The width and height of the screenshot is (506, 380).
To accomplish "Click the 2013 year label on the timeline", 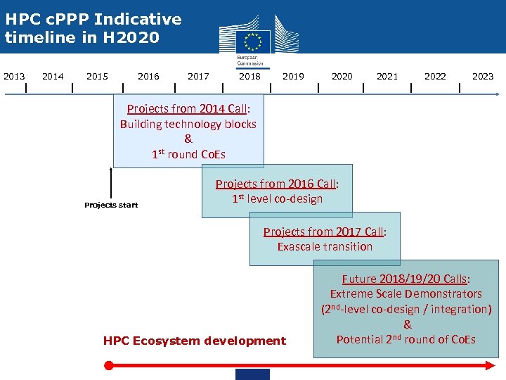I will point(14,76).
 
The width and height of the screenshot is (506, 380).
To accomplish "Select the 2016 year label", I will point(148,76).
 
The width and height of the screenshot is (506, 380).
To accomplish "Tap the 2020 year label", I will point(342,76).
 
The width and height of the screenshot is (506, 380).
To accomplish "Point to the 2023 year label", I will point(483,76).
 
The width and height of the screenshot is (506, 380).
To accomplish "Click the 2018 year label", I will point(249,76).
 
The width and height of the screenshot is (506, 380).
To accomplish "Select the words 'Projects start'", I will point(111,205).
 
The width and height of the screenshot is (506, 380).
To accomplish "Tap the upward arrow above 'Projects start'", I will point(111,183).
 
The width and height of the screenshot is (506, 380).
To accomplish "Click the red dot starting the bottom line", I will point(108,365).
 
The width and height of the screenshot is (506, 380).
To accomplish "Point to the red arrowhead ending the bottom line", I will point(491,365).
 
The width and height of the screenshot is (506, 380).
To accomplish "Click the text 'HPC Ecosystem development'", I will point(195,341).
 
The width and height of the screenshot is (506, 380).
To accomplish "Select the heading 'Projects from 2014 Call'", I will point(188,108).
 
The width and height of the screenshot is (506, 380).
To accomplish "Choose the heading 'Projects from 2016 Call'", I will point(277,184).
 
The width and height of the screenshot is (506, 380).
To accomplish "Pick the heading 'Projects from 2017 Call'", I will point(325,232).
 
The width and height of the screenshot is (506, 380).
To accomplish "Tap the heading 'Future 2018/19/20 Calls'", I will point(406,279).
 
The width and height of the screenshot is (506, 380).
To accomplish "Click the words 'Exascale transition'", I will point(325,246).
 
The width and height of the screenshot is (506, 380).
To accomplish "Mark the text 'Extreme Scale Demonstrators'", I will point(406,293).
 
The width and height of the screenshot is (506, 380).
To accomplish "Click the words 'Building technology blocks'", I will point(188,124).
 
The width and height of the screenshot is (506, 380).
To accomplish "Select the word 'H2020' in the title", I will point(134,37).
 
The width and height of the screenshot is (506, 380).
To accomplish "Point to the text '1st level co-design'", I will point(277,198).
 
